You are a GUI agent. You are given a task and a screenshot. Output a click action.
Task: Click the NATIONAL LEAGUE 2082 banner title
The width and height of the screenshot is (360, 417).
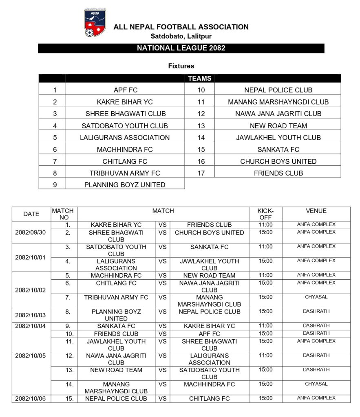click(181, 48)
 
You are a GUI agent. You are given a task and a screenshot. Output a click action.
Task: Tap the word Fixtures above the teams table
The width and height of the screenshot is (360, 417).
click(181, 66)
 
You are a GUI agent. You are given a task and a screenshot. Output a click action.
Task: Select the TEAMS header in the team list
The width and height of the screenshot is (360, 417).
click(199, 79)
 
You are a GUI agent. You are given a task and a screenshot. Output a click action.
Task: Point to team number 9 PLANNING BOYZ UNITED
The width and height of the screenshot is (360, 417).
click(125, 185)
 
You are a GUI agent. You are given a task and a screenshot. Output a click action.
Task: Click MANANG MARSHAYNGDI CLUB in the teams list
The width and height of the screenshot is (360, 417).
click(278, 102)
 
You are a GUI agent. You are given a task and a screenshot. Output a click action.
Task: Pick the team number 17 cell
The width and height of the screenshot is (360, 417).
click(201, 173)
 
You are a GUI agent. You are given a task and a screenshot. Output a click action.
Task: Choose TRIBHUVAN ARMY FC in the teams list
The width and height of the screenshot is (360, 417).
click(125, 173)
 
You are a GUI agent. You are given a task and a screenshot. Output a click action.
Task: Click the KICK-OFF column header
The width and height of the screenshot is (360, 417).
click(265, 214)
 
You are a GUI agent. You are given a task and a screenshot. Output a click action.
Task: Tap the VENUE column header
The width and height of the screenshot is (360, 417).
click(316, 211)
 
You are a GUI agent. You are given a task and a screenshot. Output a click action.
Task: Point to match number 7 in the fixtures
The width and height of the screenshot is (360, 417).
click(68, 297)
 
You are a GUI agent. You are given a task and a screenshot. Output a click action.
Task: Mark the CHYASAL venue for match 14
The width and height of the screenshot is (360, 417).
click(316, 384)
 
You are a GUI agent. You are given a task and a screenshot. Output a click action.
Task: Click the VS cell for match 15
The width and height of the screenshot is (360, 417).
click(162, 399)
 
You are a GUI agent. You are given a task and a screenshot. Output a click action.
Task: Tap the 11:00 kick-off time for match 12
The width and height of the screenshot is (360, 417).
click(265, 356)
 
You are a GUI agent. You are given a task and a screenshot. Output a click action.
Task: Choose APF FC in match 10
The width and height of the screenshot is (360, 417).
click(209, 334)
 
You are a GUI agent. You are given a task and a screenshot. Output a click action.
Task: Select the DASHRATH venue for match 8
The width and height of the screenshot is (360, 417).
click(316, 311)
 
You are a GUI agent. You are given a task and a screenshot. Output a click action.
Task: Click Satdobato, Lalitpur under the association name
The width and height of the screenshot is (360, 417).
click(181, 36)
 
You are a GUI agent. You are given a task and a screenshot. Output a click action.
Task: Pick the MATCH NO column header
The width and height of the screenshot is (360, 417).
click(62, 214)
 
